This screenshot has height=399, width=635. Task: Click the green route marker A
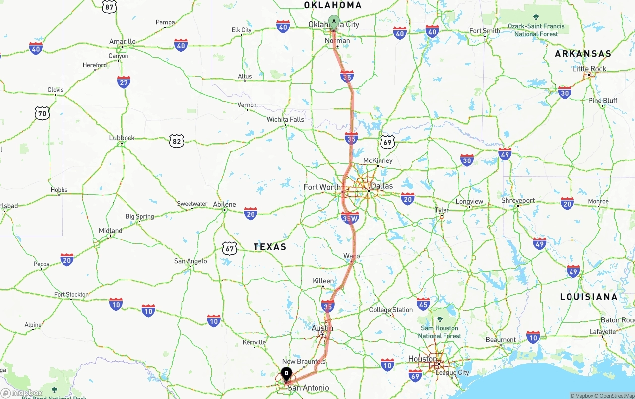point(334,22)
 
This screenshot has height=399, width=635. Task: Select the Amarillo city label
point(123,42)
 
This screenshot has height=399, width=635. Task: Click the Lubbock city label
point(122,138)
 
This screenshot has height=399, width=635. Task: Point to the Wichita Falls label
point(285,120)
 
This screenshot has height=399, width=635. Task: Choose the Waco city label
point(352,256)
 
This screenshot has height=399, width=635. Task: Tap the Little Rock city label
point(589,69)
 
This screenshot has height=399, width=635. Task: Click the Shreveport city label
point(518,201)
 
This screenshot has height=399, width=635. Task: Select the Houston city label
point(422,359)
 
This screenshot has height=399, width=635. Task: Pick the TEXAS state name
point(270,247)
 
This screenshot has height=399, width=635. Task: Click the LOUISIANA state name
point(589,297)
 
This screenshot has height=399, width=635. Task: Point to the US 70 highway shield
point(42,113)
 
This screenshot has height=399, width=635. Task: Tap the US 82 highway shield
point(176,141)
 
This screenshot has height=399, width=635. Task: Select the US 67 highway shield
point(229,248)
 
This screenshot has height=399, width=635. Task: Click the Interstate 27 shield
point(124,82)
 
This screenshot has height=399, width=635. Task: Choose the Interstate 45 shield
point(423,304)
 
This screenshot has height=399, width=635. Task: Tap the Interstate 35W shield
point(350,218)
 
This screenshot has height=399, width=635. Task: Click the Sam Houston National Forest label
point(440,332)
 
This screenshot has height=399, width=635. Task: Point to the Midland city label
point(110,231)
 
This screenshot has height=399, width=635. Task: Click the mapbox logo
point(22,393)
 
